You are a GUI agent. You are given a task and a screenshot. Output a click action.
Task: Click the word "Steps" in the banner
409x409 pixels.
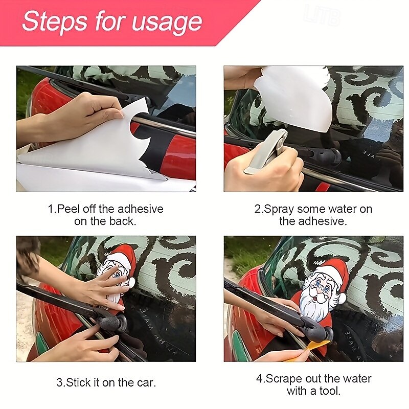pyautogui.click(x=55, y=20)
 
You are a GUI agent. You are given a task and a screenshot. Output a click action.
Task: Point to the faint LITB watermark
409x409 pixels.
pyautogui.click(x=322, y=16)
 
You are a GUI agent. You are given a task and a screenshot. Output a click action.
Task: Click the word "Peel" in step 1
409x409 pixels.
pyautogui.click(x=69, y=209)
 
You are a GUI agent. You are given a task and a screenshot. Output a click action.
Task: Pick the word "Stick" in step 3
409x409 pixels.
pyautogui.click(x=78, y=382)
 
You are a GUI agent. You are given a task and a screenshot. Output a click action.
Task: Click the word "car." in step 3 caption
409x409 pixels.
pyautogui.click(x=146, y=383)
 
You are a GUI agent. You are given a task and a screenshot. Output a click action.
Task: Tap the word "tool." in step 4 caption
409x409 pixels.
pyautogui.click(x=329, y=391)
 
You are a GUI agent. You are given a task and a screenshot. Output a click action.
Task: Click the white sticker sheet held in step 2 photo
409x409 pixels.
pyautogui.click(x=292, y=97)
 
